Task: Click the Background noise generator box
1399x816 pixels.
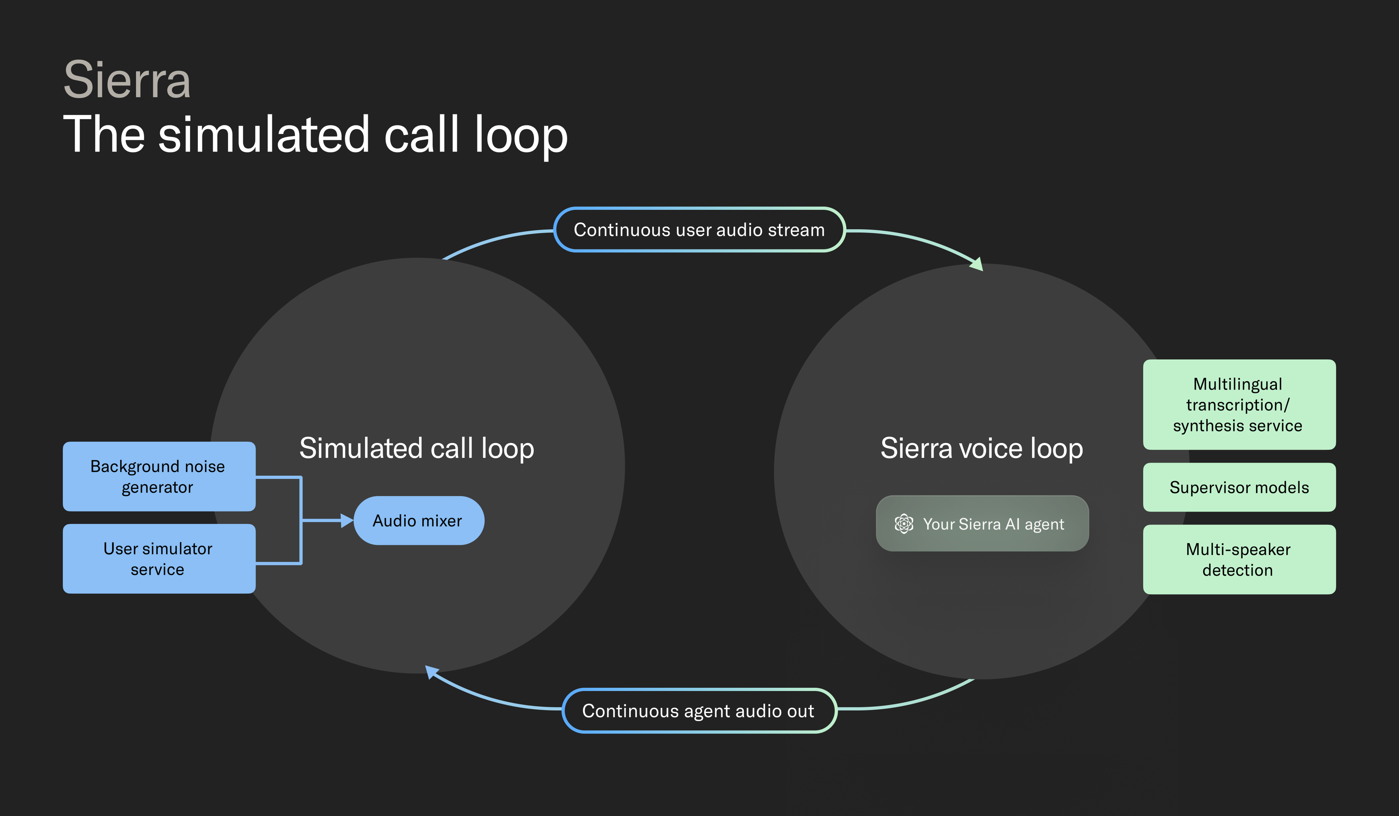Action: [159, 476]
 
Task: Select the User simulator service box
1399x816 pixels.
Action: [159, 558]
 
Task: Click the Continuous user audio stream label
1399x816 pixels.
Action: [699, 230]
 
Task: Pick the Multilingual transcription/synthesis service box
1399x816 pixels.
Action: [1239, 405]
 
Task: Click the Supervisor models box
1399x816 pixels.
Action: [1239, 487]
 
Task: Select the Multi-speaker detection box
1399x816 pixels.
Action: [1239, 560]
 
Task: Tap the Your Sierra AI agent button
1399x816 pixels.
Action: [982, 523]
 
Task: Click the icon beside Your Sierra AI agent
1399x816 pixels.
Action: [904, 523]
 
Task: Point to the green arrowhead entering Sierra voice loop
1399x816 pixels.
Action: [977, 265]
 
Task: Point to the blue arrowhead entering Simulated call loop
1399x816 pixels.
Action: [431, 672]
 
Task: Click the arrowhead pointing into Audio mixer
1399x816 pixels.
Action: [347, 521]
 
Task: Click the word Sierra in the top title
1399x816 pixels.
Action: [127, 81]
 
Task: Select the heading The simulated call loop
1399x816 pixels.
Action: [316, 134]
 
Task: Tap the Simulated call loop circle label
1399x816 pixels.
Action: [416, 448]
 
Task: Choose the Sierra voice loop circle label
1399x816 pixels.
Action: [981, 448]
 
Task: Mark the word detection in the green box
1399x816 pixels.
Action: [1238, 570]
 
